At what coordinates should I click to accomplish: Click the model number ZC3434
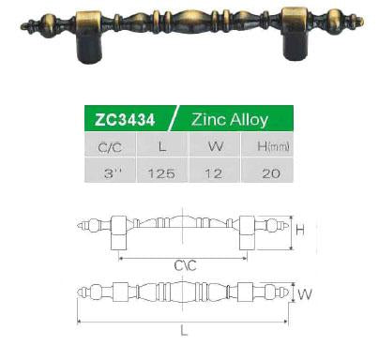coord(125,120)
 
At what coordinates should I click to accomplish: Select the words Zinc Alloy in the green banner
coord(230,119)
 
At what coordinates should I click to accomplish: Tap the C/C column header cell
coord(110,144)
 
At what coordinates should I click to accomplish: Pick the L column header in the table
coord(162,144)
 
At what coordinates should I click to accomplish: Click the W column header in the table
coord(215,144)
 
